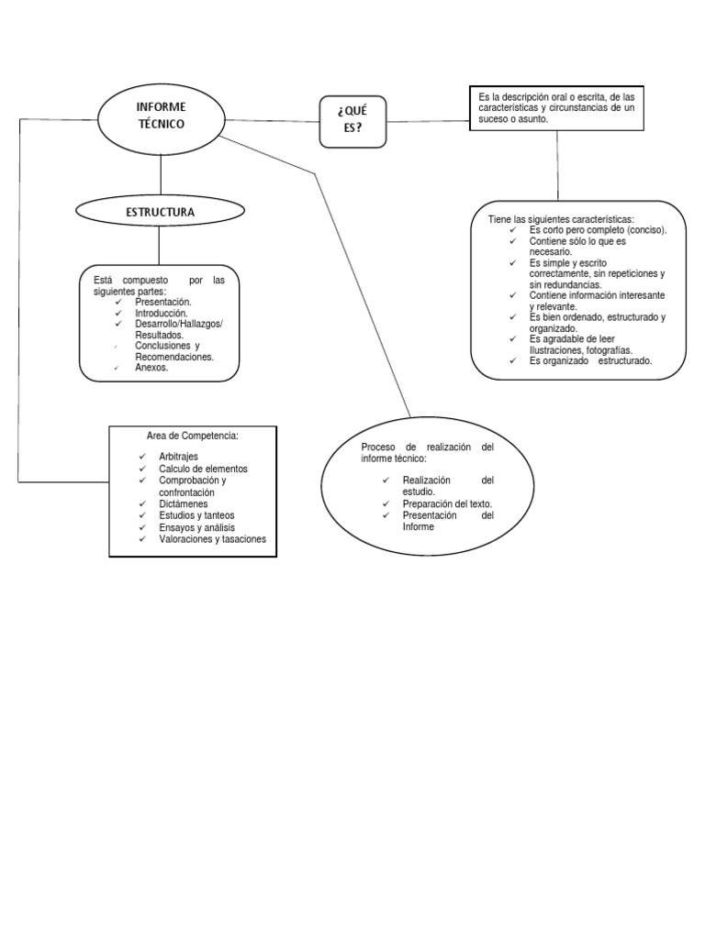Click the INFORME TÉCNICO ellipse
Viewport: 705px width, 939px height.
tap(161, 118)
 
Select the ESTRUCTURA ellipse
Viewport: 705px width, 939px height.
tap(161, 212)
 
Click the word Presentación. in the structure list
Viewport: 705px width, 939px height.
tap(163, 302)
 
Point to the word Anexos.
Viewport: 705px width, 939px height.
tap(151, 368)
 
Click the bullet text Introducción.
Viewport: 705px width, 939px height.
tap(162, 313)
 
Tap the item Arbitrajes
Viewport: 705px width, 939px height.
tap(178, 457)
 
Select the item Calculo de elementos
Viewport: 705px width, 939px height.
tap(203, 469)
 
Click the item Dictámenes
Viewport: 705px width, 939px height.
tap(183, 504)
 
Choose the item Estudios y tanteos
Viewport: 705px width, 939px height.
tap(196, 516)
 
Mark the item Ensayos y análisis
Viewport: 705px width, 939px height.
tap(196, 528)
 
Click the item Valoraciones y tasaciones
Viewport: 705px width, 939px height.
tap(212, 540)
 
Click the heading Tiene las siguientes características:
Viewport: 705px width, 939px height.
tap(560, 220)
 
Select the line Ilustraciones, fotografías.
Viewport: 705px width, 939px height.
tap(581, 350)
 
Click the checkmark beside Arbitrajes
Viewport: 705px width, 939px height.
tap(142, 457)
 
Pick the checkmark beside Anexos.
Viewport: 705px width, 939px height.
tap(117, 368)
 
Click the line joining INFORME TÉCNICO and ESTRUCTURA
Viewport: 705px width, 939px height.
tap(161, 173)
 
